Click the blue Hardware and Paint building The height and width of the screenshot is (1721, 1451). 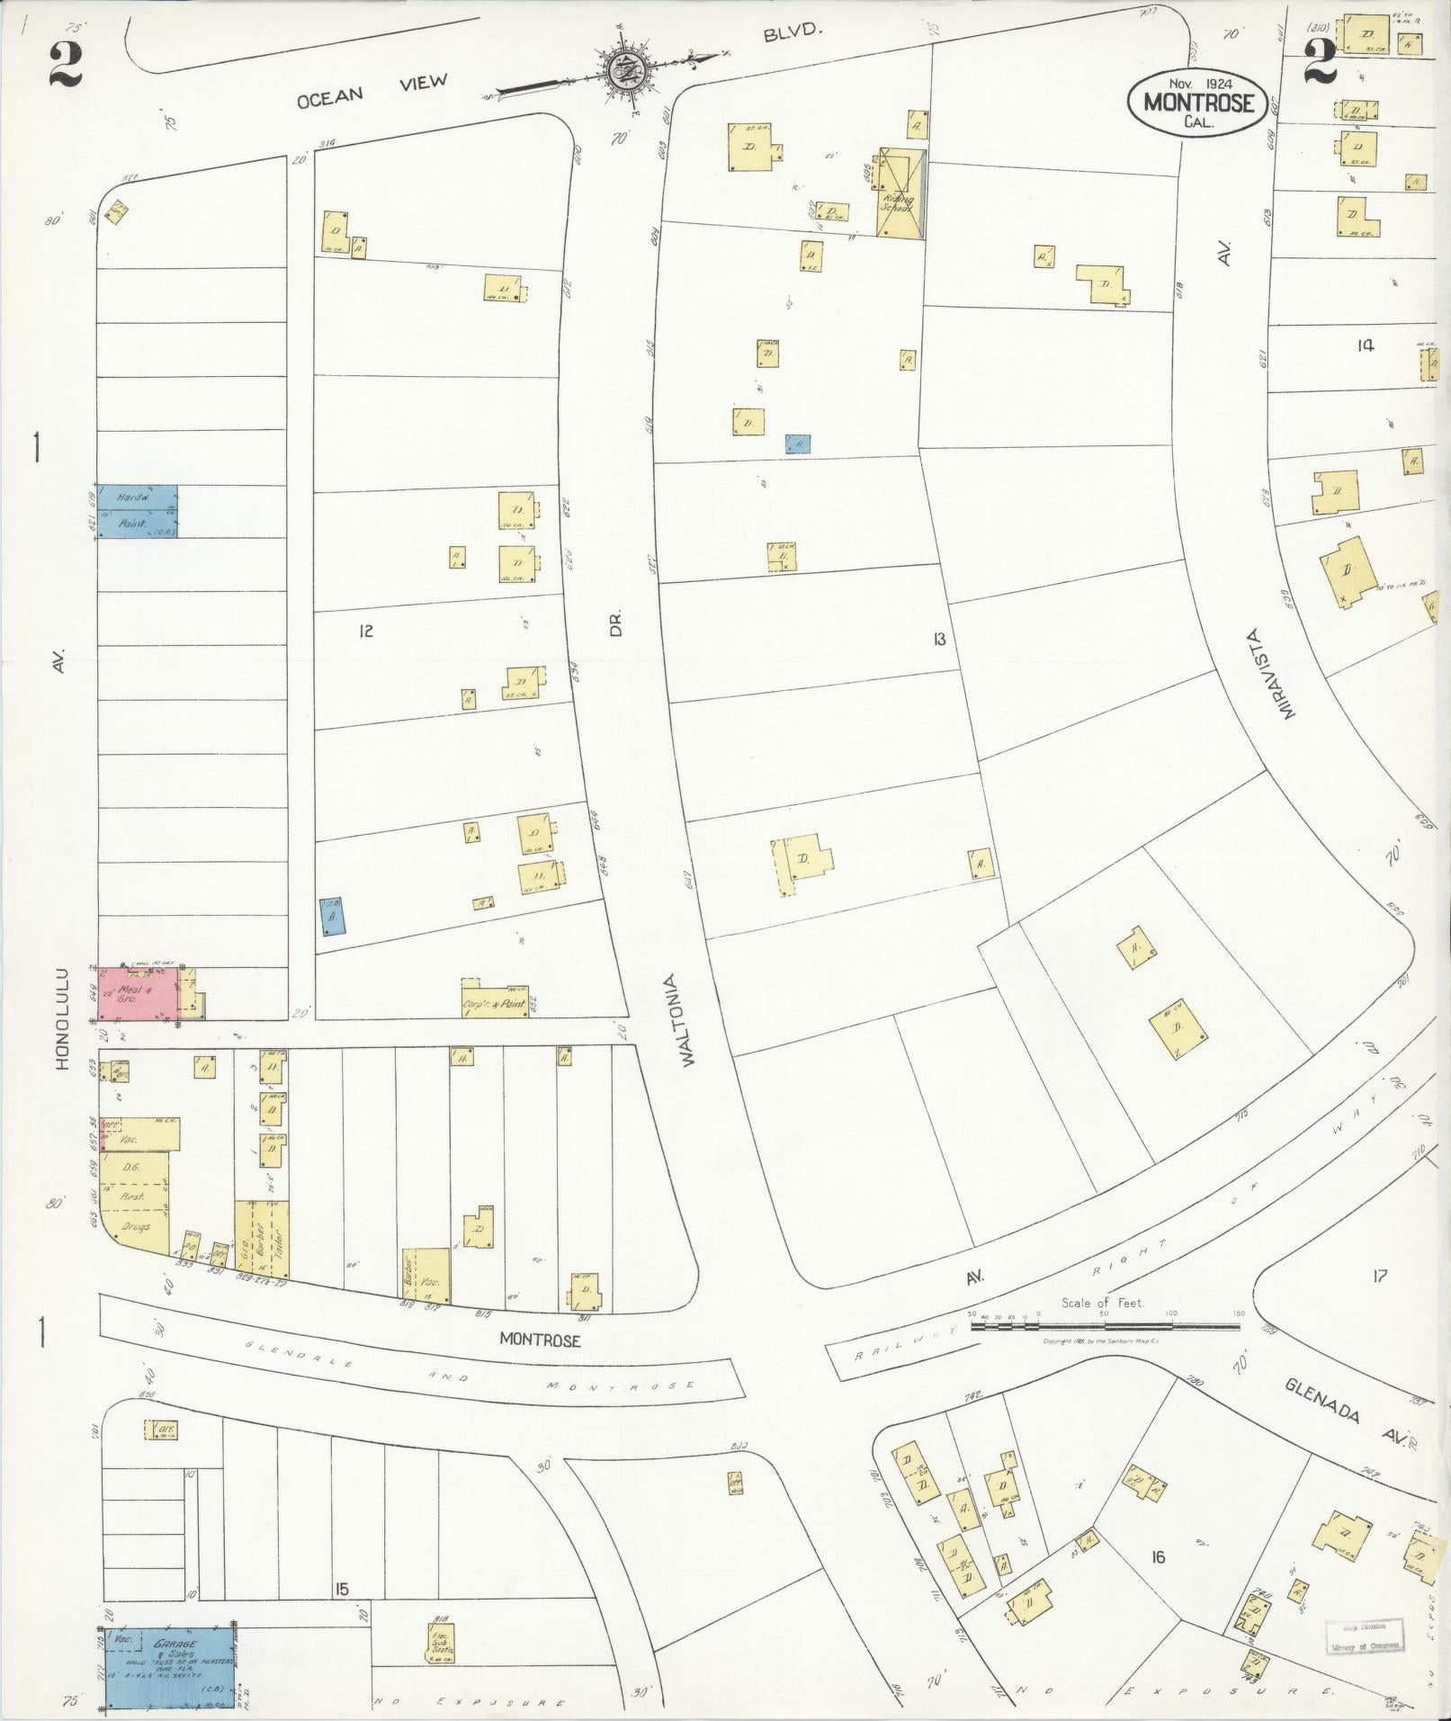coord(137,511)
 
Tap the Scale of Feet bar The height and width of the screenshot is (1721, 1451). coord(1105,1326)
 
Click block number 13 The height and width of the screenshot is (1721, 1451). coord(938,640)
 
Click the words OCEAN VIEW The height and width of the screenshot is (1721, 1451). coord(372,92)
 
